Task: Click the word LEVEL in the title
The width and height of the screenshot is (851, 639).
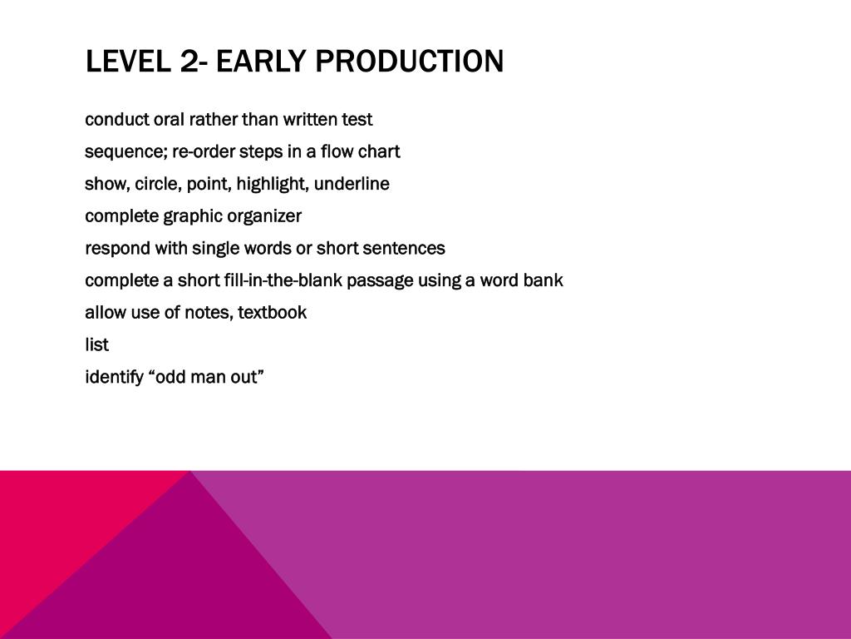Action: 127,61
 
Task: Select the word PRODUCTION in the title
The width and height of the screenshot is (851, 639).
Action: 410,61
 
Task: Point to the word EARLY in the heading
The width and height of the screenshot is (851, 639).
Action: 261,61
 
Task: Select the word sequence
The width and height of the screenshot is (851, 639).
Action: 126,152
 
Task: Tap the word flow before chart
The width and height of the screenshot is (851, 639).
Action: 337,151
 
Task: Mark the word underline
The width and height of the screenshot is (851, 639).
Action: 352,184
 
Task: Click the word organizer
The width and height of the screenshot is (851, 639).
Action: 264,216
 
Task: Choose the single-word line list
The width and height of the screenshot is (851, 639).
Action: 96,344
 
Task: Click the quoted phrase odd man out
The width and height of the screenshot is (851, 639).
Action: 206,377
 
